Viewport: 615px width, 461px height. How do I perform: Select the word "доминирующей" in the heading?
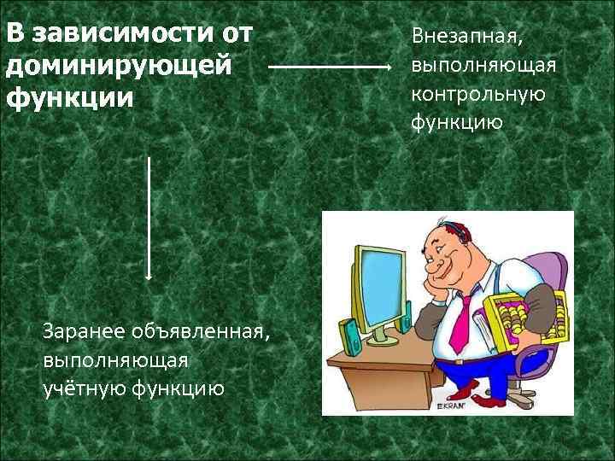tap(118, 66)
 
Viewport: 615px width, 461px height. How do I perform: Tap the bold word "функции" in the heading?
tap(70, 96)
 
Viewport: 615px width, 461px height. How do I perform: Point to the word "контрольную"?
tap(477, 94)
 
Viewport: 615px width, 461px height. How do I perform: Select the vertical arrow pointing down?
tap(149, 218)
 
